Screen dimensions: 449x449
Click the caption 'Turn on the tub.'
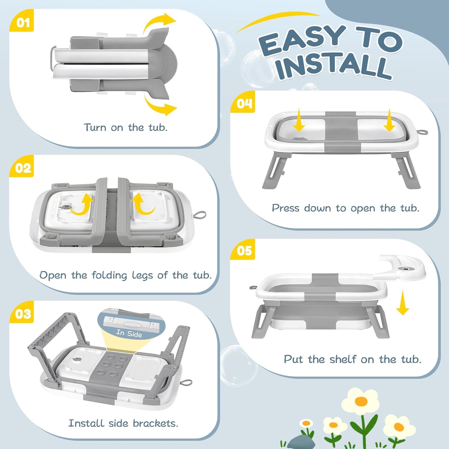[x=126, y=128]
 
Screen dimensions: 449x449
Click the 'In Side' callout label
[x=129, y=333]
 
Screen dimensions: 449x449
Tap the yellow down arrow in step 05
[x=402, y=303]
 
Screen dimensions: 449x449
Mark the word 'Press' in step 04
[x=286, y=208]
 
